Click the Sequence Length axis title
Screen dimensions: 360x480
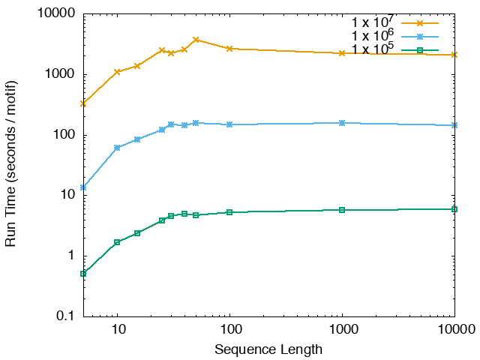click(x=268, y=349)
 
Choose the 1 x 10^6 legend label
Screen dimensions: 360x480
click(x=374, y=36)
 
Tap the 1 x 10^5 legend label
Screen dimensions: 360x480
click(x=374, y=49)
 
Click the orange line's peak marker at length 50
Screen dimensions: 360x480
click(x=196, y=40)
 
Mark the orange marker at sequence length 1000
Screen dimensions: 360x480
click(x=342, y=53)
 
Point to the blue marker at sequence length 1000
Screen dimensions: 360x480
click(x=342, y=123)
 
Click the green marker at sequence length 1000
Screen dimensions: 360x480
click(x=342, y=210)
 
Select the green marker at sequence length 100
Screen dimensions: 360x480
click(x=229, y=212)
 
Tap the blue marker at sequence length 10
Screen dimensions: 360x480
click(x=117, y=148)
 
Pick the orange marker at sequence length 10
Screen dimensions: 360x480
click(x=117, y=72)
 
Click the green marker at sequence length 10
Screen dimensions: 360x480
click(x=117, y=242)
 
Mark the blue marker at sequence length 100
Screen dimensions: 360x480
click(x=229, y=124)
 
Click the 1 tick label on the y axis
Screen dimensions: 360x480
click(x=72, y=256)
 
